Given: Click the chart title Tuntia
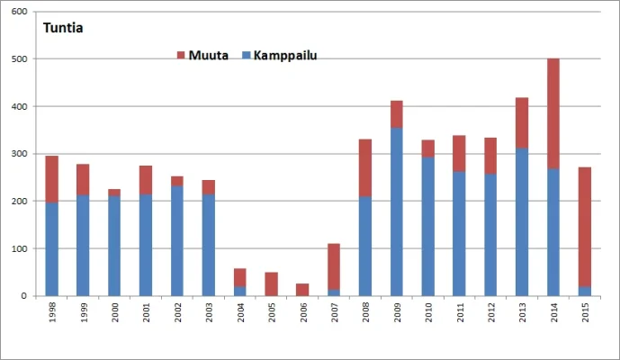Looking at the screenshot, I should [x=64, y=27].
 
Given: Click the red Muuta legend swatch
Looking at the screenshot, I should [x=181, y=56].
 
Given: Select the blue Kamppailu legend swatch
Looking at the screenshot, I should [x=247, y=56].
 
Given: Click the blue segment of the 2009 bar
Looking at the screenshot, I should [x=397, y=211].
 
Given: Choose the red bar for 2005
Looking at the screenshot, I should [x=271, y=283].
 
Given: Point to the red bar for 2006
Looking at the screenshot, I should [x=302, y=290].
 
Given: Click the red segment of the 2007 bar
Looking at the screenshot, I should [x=334, y=266].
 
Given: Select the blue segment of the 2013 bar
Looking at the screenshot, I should [x=522, y=221].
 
